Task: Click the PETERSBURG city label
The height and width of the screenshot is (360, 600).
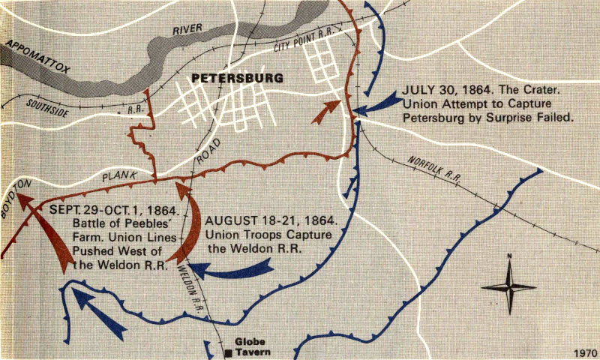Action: pyautogui.click(x=237, y=77)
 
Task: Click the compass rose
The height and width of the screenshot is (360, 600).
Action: pyautogui.click(x=508, y=286)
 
